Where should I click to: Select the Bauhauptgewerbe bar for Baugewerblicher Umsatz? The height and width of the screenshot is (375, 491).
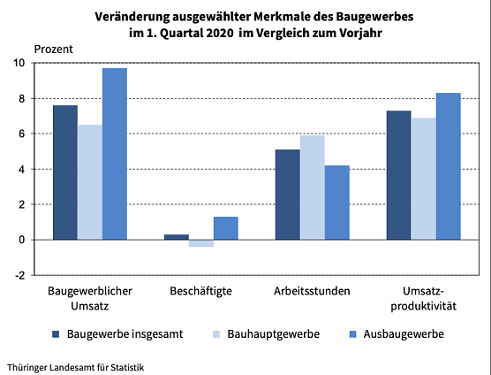(x=89, y=182)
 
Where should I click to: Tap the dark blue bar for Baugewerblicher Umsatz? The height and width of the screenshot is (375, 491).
(x=64, y=172)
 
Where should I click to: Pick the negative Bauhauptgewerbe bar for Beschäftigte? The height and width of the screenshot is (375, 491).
(x=201, y=243)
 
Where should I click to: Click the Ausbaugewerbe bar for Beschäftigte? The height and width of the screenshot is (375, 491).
(x=226, y=228)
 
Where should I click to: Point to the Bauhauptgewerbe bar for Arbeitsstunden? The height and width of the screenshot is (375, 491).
(x=312, y=187)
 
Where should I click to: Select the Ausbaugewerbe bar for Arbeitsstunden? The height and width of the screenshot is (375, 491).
(x=336, y=203)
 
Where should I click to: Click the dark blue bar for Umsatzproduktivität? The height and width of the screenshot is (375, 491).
(x=398, y=175)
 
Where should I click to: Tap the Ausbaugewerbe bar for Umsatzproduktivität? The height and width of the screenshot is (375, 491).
(x=448, y=166)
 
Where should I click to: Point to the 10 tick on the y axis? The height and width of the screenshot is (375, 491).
(x=19, y=63)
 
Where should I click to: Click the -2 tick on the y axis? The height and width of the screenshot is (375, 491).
(x=19, y=275)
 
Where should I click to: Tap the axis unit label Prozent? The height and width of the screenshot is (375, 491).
(x=54, y=49)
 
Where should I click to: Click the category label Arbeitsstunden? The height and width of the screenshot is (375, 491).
(x=312, y=291)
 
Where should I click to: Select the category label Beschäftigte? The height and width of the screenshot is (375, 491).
(x=200, y=291)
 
